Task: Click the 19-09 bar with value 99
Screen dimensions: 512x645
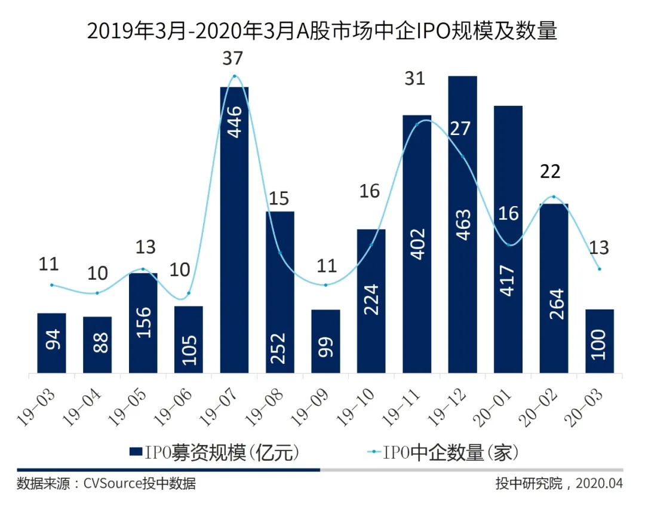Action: (x=325, y=341)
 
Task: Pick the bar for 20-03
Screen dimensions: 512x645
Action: (x=599, y=341)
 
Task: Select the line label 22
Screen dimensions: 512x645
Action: (x=549, y=172)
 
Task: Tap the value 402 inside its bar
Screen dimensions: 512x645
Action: (x=417, y=243)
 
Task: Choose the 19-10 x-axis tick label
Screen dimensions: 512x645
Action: (x=357, y=406)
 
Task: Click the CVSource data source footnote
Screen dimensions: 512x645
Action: (x=107, y=483)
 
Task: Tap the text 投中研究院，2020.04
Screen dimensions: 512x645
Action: (x=558, y=483)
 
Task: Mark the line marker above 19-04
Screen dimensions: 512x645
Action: (x=97, y=293)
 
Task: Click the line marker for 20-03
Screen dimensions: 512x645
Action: (x=599, y=269)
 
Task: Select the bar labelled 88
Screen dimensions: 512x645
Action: (x=97, y=345)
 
